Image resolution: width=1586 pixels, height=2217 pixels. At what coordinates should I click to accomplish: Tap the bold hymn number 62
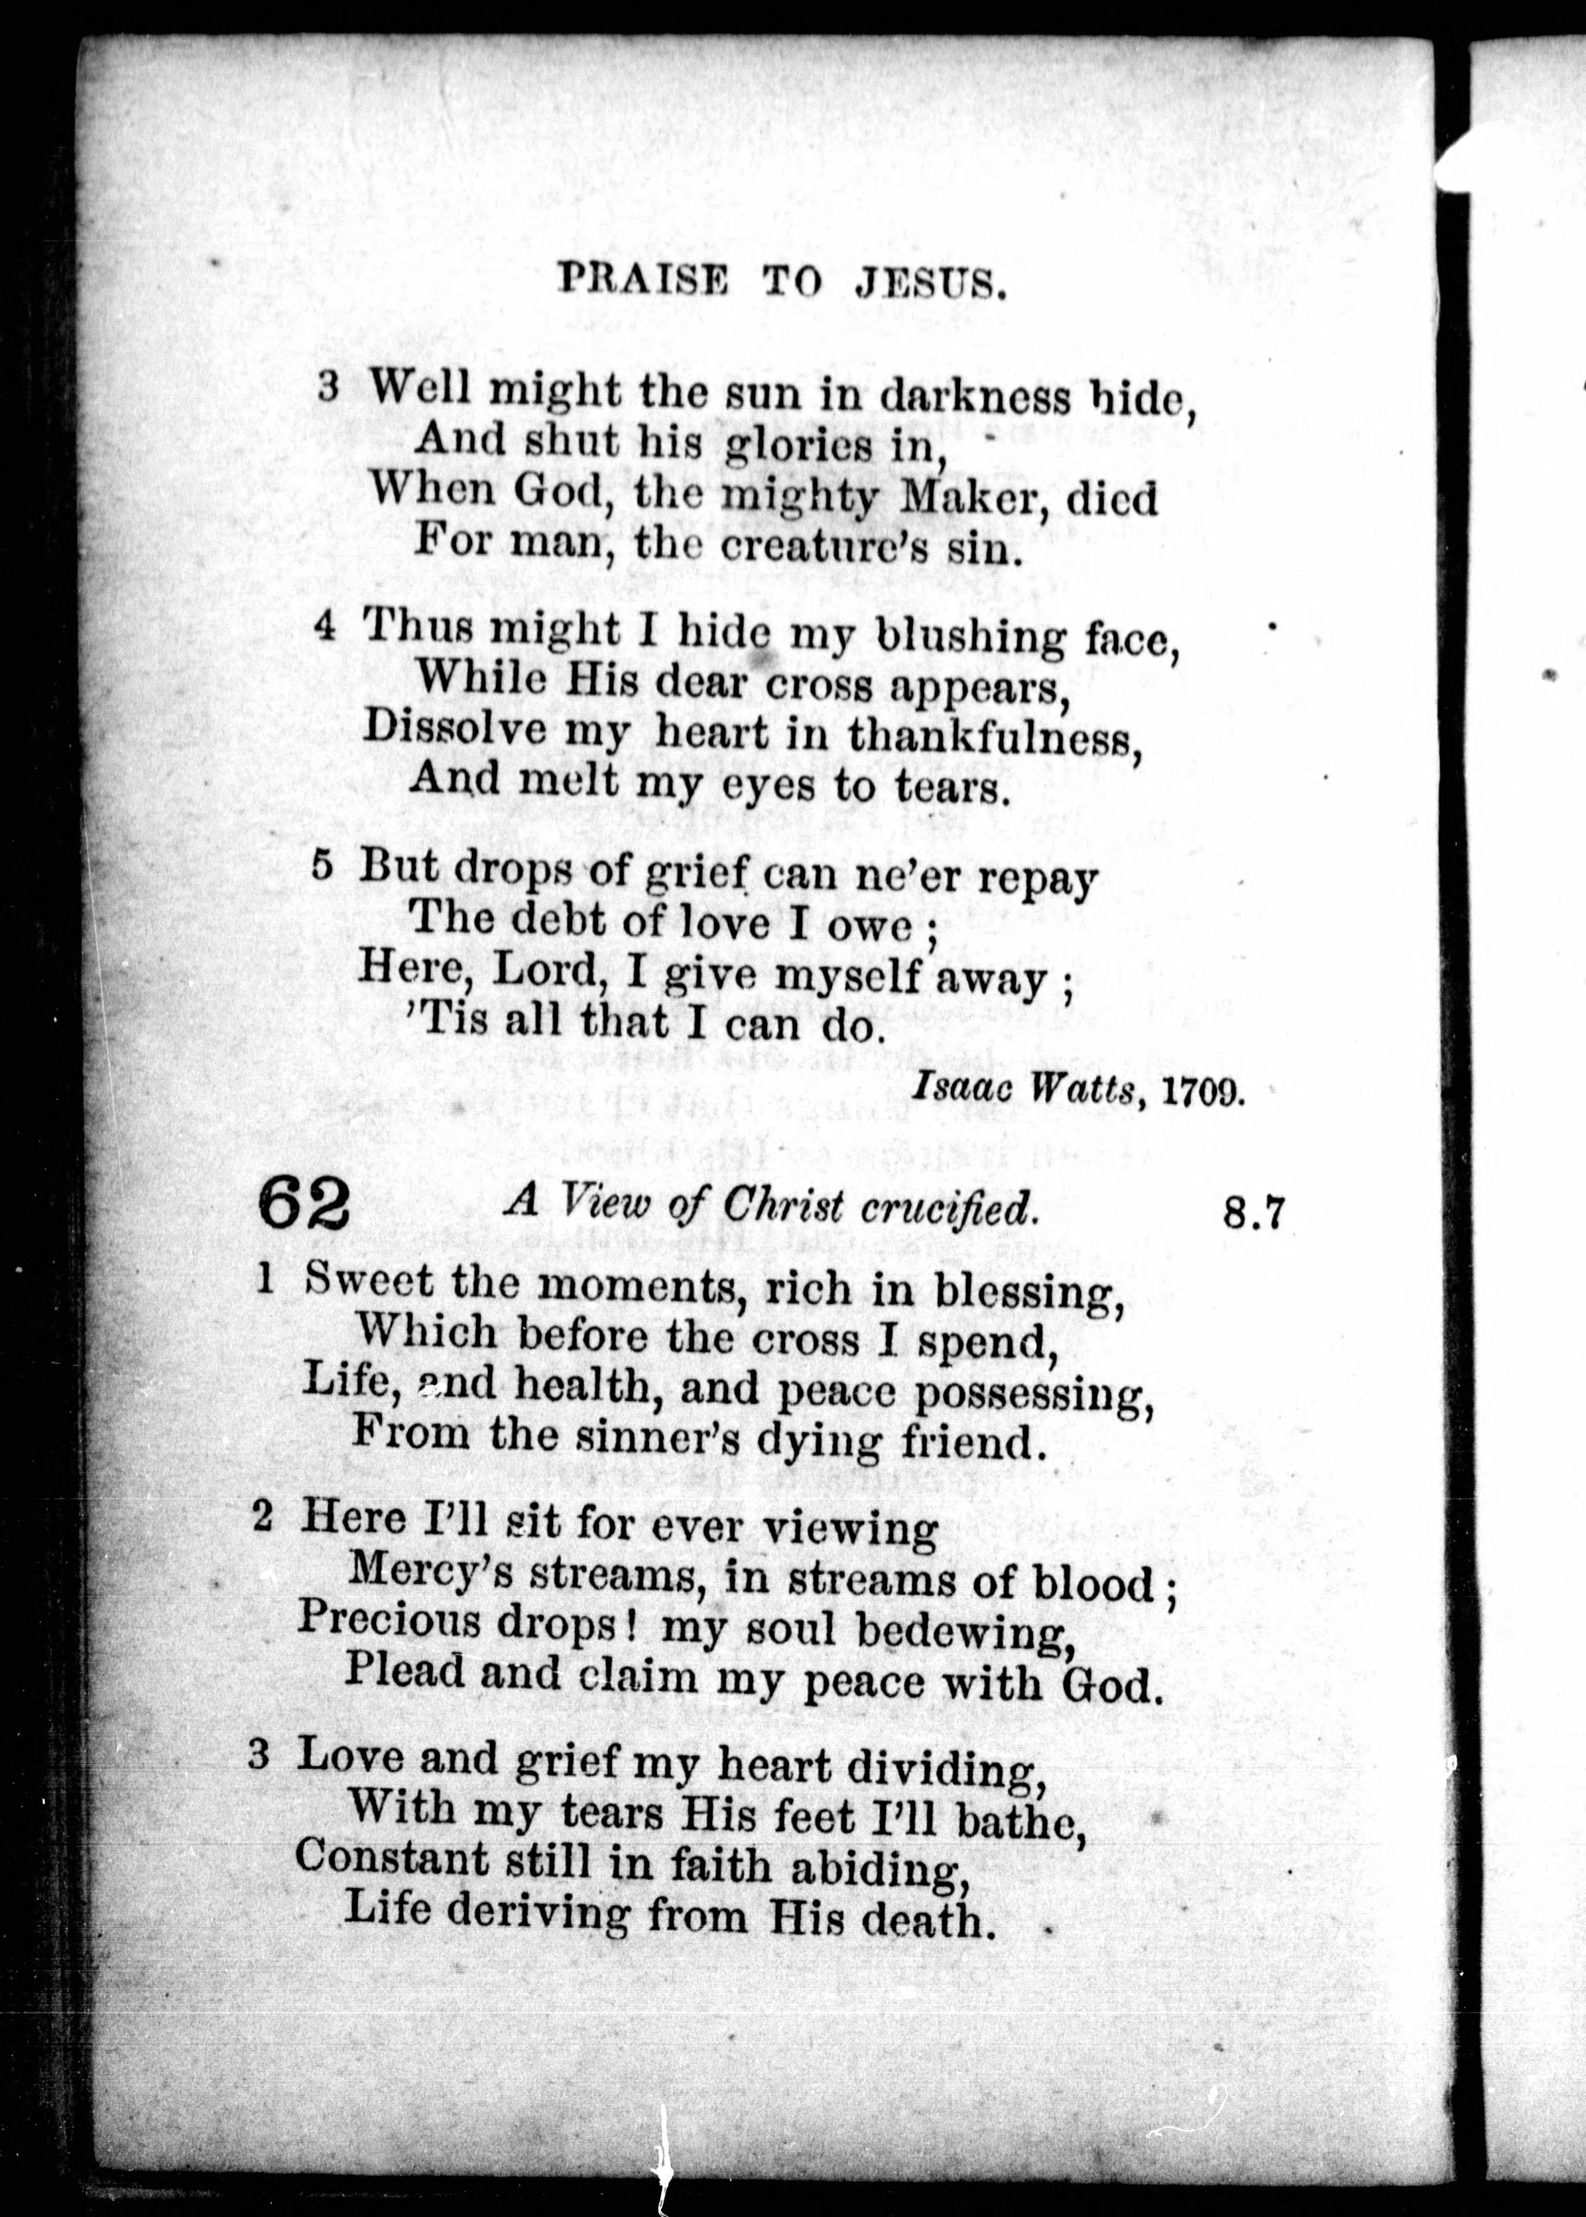tap(304, 1207)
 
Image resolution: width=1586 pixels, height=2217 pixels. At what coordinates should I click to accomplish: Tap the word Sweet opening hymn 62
tap(368, 1281)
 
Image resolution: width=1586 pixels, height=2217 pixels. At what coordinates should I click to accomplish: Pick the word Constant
tap(392, 1858)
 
